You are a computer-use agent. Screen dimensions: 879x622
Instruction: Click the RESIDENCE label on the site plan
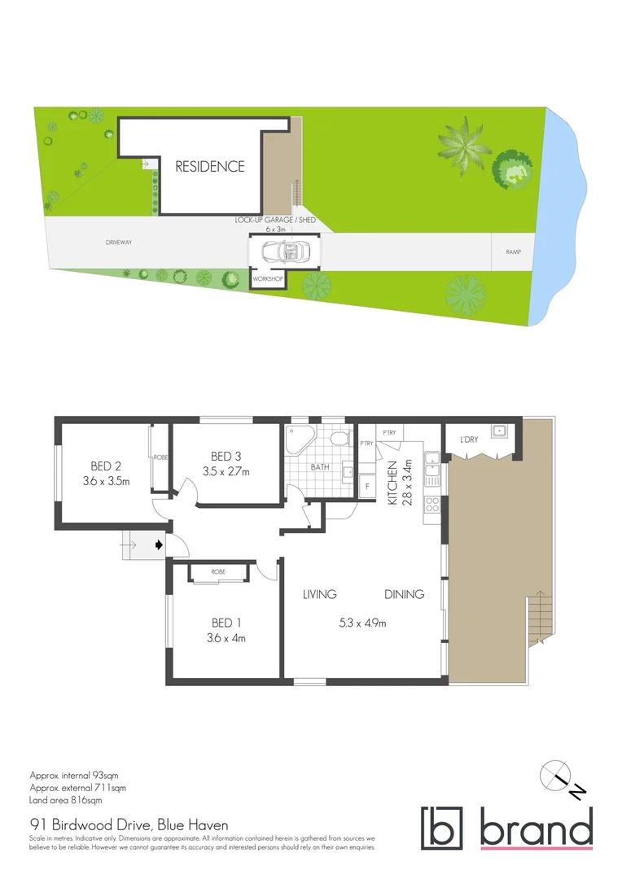click(210, 167)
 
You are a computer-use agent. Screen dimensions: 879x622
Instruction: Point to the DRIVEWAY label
click(119, 243)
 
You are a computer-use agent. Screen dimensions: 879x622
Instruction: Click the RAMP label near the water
click(513, 252)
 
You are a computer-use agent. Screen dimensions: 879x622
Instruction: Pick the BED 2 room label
click(106, 466)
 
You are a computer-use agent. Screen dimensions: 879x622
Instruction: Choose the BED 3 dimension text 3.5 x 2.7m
click(226, 471)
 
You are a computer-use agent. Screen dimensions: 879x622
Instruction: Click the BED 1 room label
click(226, 623)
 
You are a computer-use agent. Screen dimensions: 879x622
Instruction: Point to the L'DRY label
click(469, 440)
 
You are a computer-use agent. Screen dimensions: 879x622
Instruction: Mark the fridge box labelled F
click(367, 486)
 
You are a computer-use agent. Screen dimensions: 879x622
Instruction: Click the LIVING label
click(320, 595)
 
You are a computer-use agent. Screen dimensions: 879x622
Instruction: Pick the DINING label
click(405, 595)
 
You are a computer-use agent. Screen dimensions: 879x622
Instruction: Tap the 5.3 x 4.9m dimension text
click(361, 624)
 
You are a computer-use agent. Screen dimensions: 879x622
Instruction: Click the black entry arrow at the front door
click(158, 544)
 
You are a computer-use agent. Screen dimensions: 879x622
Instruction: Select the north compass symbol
click(555, 776)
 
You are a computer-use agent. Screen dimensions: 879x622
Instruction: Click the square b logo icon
click(441, 828)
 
